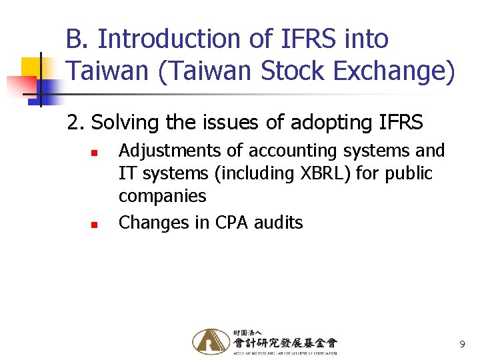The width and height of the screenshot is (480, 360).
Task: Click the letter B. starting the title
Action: (78, 39)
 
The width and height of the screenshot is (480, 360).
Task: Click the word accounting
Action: (289, 151)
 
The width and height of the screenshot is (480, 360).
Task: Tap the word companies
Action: (162, 197)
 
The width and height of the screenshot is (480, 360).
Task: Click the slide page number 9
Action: (461, 345)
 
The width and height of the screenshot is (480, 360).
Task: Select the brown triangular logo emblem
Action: (210, 341)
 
